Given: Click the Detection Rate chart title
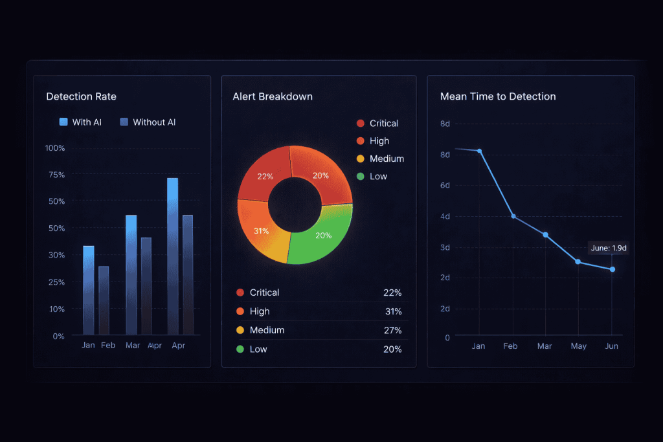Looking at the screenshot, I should (81, 96).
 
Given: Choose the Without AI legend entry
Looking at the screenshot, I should (148, 122).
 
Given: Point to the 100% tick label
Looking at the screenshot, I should (55, 148).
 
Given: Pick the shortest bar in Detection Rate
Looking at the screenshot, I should (104, 300).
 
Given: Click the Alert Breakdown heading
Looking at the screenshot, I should (273, 96).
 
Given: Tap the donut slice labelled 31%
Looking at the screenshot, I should (262, 231).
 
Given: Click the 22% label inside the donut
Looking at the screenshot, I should (265, 177).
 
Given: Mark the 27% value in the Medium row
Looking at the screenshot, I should (392, 330).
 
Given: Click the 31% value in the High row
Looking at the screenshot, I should (392, 311).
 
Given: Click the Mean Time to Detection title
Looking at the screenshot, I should (498, 96).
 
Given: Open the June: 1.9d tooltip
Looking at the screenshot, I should (609, 248).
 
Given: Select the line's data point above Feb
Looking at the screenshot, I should (513, 216).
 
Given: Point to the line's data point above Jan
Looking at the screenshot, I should (479, 151).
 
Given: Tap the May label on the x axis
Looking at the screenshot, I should (578, 346).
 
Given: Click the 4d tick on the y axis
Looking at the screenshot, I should (445, 216).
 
